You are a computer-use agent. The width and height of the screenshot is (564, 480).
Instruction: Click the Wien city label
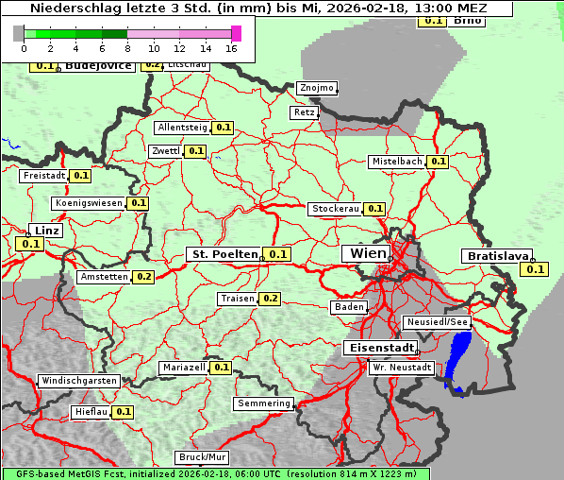pos(368,253)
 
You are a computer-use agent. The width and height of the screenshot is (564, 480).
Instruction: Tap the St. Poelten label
pos(224,254)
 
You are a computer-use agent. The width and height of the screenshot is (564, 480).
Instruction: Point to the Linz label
pos(45,231)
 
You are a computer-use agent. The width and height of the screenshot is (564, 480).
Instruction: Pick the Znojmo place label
pos(316,88)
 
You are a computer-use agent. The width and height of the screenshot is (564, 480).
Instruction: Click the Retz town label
pos(304,111)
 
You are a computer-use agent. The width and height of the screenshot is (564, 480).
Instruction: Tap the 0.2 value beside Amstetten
pos(143,277)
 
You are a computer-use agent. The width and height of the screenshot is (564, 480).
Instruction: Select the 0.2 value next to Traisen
pos(270,299)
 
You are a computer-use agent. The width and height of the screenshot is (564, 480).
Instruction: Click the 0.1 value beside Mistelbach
pos(438,162)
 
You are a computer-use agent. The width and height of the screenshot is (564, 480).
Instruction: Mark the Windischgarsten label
pos(78,381)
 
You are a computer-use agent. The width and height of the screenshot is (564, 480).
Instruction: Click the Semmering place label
pos(264,403)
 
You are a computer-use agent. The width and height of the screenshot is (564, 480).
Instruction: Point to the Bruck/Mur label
pos(203,457)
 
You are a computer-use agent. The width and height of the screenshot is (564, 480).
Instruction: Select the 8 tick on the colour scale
pos(127,48)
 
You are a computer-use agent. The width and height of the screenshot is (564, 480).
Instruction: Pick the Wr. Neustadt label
pos(402,367)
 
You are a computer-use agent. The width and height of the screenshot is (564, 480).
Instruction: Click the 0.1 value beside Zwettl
pos(195,151)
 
